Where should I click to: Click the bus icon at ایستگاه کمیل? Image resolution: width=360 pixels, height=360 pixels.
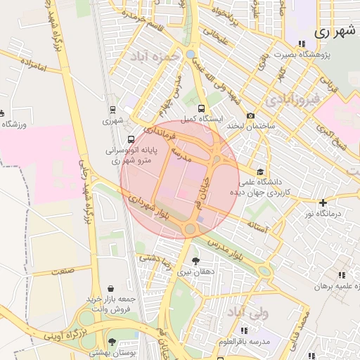[x=202, y=109]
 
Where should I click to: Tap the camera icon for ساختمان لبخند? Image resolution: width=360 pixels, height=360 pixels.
[x=251, y=116]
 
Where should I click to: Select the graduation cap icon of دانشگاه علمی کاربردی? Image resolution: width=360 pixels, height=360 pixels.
[x=260, y=172]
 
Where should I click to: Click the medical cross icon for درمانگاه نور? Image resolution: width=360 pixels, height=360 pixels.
[x=323, y=202]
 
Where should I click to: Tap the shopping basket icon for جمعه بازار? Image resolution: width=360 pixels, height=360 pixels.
[x=111, y=288]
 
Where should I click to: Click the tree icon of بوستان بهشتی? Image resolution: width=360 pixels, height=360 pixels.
[x=112, y=341]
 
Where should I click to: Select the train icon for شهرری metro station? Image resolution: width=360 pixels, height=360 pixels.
[x=112, y=110]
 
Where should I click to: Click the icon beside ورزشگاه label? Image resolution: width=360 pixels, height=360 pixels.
[x=2, y=113]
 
